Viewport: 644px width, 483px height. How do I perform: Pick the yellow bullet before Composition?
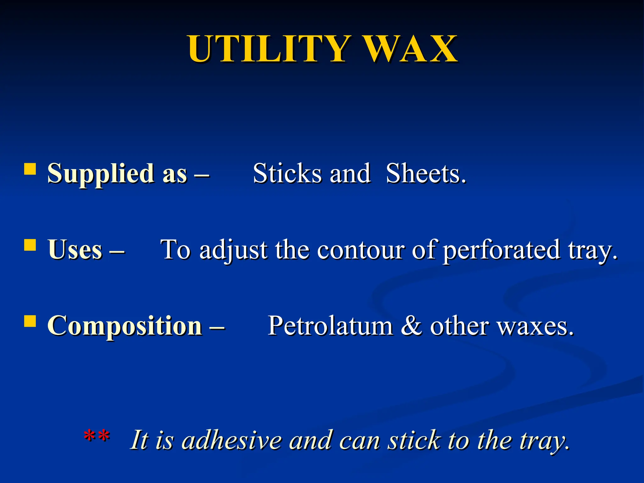pyautogui.click(x=30, y=321)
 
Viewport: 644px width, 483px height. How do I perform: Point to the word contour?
pyautogui.click(x=360, y=249)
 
